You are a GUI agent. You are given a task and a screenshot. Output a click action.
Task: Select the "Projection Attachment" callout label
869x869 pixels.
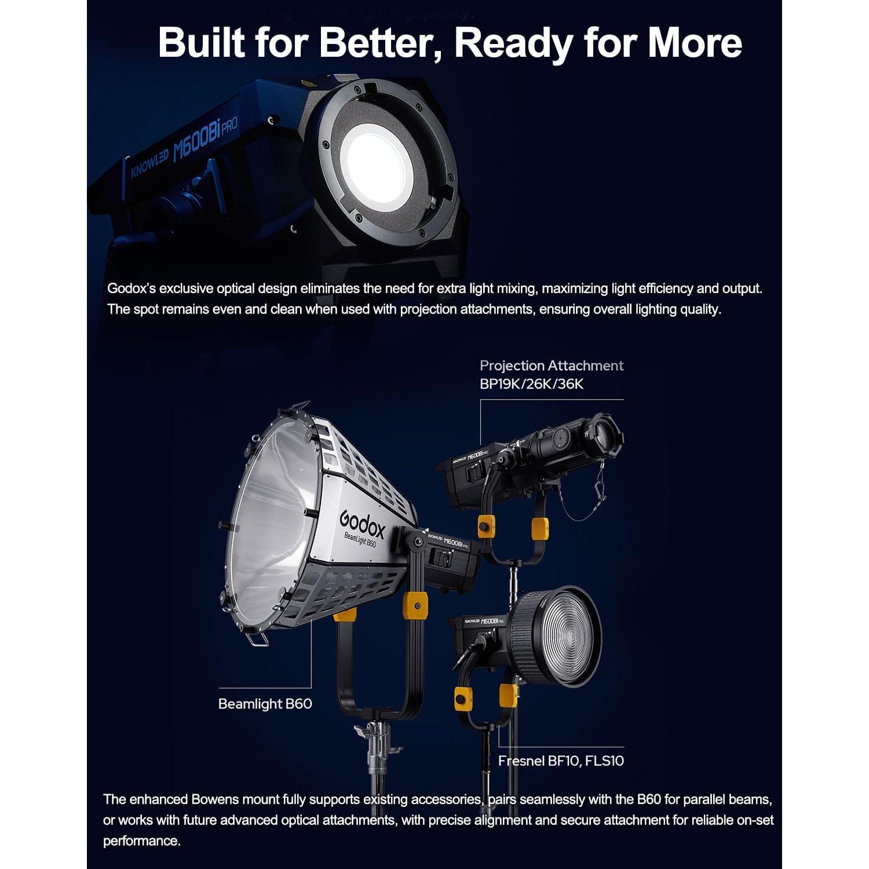[x=551, y=366]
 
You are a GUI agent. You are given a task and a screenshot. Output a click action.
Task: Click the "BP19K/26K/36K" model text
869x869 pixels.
[x=531, y=384]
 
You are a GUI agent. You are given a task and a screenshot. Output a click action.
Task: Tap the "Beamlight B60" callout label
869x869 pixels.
[x=265, y=704]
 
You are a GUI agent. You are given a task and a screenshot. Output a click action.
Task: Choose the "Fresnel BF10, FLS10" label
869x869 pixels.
[x=561, y=761]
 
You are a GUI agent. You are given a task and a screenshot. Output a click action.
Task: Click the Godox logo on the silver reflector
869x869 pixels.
[x=362, y=524]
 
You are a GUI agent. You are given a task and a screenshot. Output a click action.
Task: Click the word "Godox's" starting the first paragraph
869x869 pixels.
[x=131, y=289]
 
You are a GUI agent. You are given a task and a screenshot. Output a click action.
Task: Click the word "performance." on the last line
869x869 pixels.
[x=141, y=841]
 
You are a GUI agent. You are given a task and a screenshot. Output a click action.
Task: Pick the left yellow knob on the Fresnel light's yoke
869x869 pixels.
[x=463, y=698]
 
